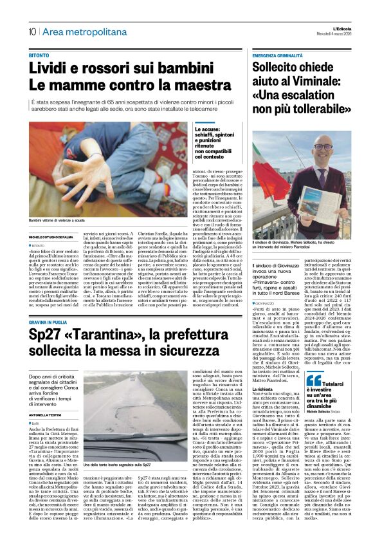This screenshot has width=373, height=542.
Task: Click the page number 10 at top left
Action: [x=32, y=32]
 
